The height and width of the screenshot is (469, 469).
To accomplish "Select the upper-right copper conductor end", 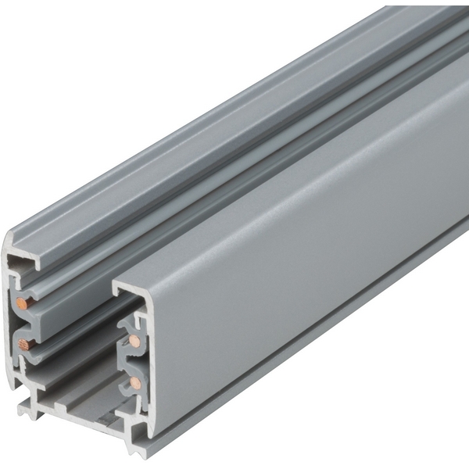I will pos(135,342).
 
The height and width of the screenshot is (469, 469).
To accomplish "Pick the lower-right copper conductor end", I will pos(136,382).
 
